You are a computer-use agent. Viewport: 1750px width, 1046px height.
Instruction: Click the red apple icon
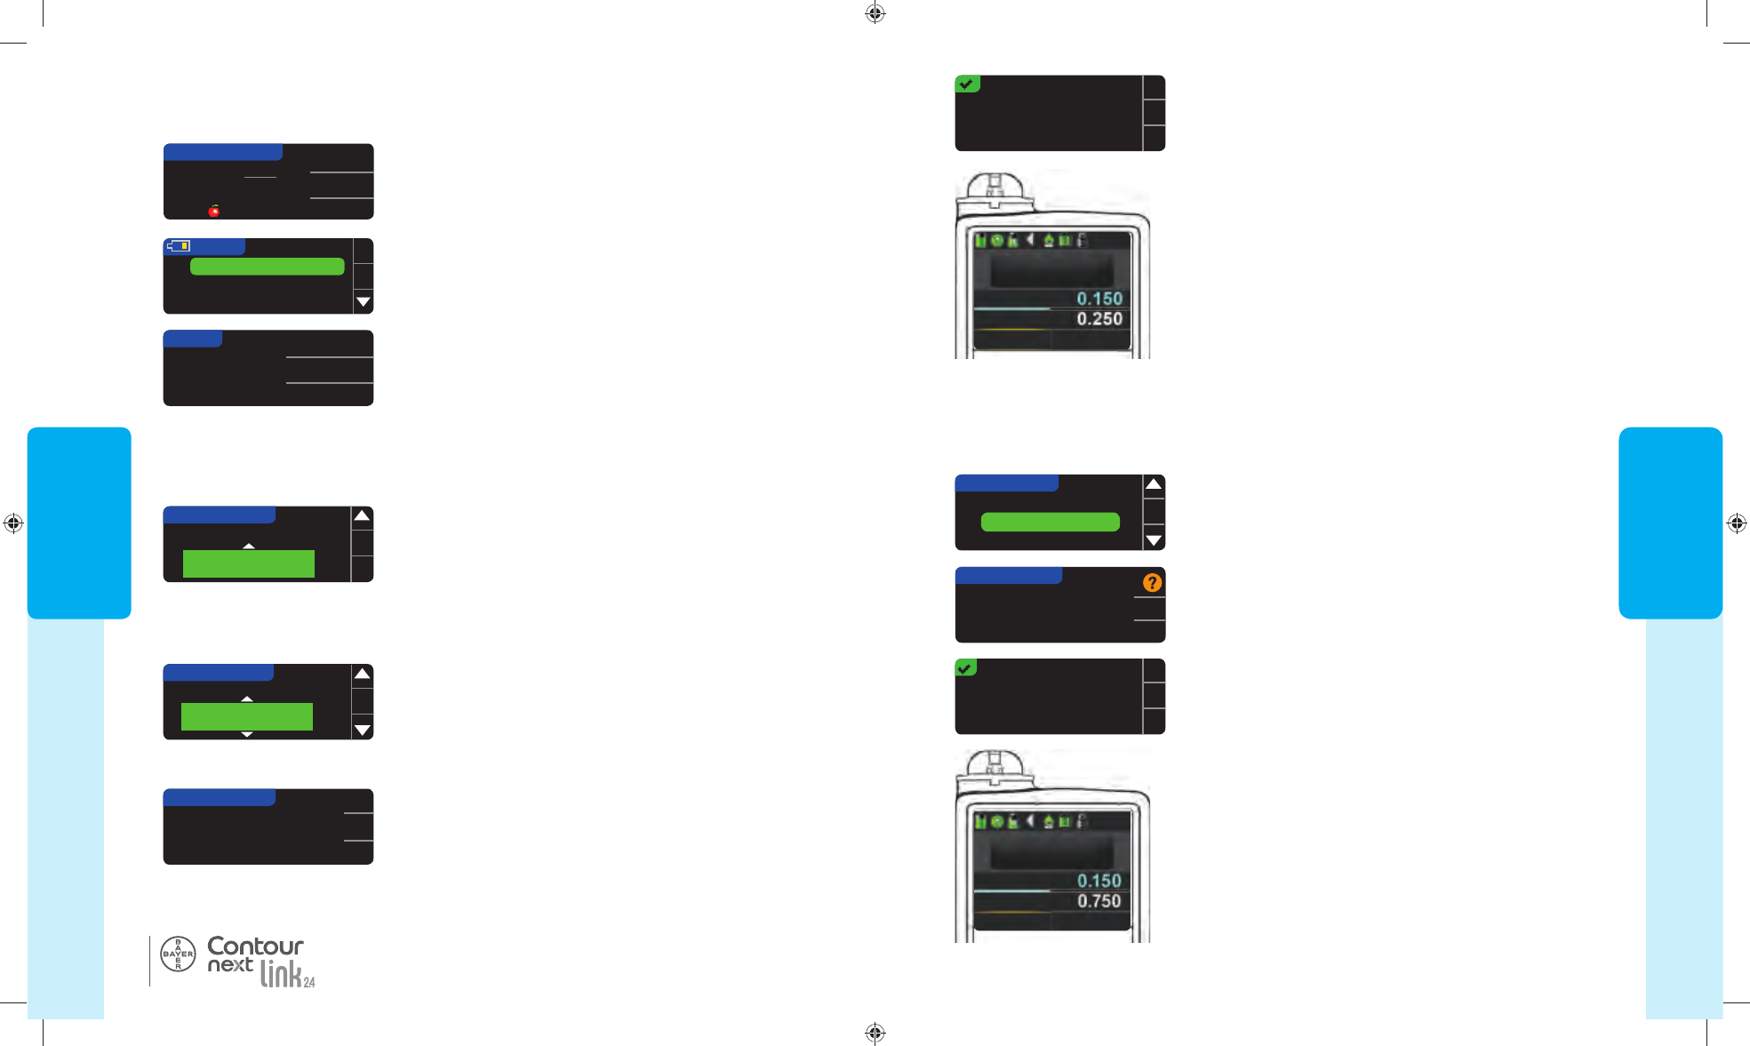pyautogui.click(x=214, y=211)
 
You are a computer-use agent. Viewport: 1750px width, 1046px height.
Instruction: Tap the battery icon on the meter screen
pyautogui.click(x=180, y=245)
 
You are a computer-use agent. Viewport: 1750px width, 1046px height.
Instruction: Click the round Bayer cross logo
pyautogui.click(x=178, y=954)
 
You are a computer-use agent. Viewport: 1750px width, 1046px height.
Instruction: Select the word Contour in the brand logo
pyautogui.click(x=255, y=946)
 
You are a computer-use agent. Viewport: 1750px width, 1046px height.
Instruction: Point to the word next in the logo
pyautogui.click(x=230, y=965)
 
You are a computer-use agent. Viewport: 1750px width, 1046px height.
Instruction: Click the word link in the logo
pyautogui.click(x=281, y=975)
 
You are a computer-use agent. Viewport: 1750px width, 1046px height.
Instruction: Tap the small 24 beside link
pyautogui.click(x=309, y=982)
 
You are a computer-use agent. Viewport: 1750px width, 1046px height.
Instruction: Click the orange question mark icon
pyautogui.click(x=1152, y=583)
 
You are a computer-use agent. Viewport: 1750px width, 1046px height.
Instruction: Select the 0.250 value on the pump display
pyautogui.click(x=1099, y=319)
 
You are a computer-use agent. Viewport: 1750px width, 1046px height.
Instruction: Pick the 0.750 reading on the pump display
pyautogui.click(x=1099, y=901)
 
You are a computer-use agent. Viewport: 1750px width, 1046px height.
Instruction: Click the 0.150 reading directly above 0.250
pyautogui.click(x=1099, y=299)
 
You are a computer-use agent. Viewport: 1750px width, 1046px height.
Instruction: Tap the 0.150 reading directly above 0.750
pyautogui.click(x=1099, y=881)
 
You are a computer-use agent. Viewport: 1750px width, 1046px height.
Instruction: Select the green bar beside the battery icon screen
pyautogui.click(x=267, y=267)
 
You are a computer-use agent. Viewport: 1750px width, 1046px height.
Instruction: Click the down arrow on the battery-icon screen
pyautogui.click(x=363, y=302)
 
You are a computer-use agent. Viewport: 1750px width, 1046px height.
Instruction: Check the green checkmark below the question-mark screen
pyautogui.click(x=965, y=667)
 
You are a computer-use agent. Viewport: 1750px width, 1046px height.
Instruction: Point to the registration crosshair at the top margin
pyautogui.click(x=875, y=13)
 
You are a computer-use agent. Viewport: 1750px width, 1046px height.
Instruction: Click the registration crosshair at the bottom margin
pyautogui.click(x=875, y=1033)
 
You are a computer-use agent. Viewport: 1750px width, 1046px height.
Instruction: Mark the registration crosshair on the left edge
pyautogui.click(x=13, y=523)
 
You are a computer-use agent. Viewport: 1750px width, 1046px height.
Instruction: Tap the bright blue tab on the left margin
pyautogui.click(x=79, y=523)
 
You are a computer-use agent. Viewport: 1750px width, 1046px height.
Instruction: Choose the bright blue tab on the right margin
pyautogui.click(x=1670, y=523)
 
